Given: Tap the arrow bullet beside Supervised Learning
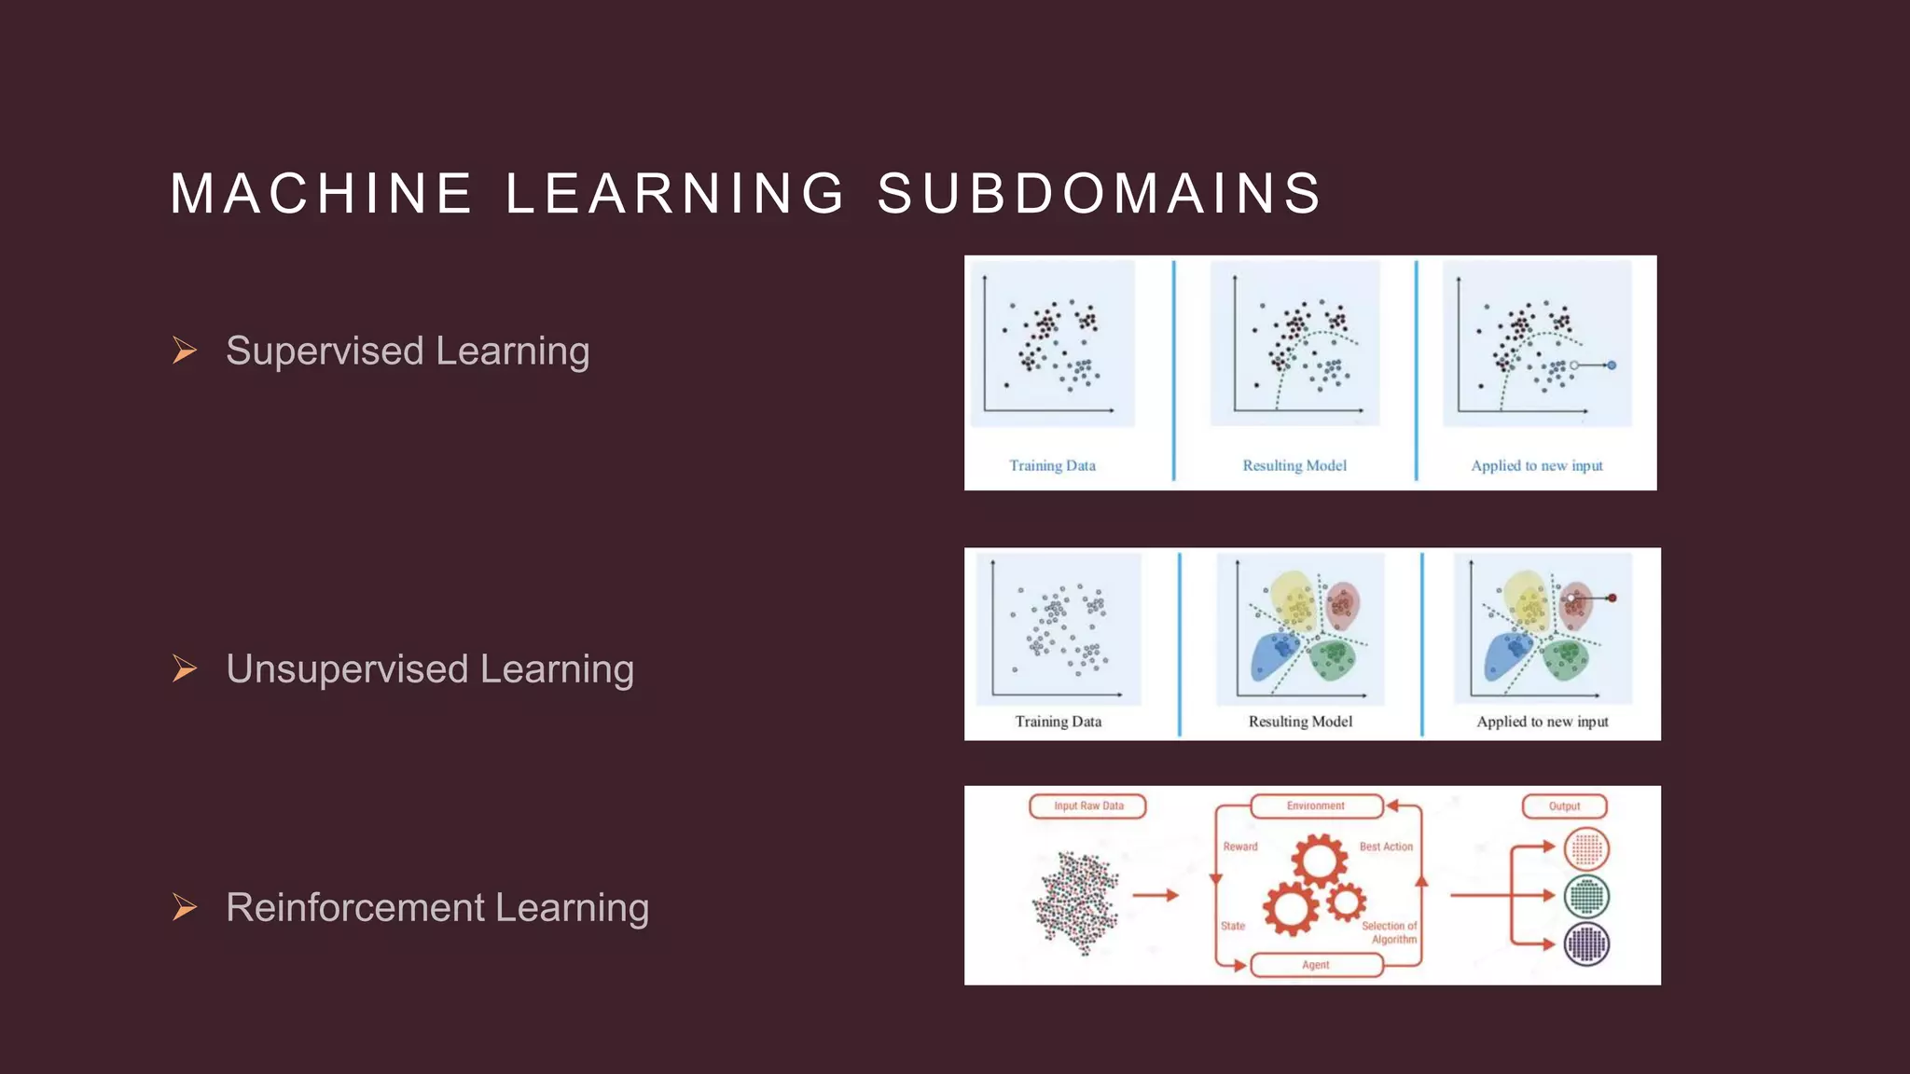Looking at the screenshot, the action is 185,351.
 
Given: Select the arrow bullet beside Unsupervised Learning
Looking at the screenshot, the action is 185,668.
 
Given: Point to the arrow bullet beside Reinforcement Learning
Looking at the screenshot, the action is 185,907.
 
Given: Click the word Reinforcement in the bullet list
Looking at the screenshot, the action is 355,907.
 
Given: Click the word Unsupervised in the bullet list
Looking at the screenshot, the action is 347,668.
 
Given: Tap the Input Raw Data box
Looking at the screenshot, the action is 1087,806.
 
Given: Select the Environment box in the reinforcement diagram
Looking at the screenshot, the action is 1316,806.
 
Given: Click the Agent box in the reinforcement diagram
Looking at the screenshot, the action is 1316,965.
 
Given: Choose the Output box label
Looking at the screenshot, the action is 1564,806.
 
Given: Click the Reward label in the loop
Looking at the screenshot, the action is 1240,847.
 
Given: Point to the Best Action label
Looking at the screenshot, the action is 1386,847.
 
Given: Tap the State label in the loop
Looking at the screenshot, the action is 1233,926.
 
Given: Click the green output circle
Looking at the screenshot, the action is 1586,896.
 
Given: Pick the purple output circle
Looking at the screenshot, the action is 1586,943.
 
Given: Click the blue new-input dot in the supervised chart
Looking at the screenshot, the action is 1612,365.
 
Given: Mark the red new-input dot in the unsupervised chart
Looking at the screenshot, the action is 1612,599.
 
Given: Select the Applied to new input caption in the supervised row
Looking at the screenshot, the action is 1537,465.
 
